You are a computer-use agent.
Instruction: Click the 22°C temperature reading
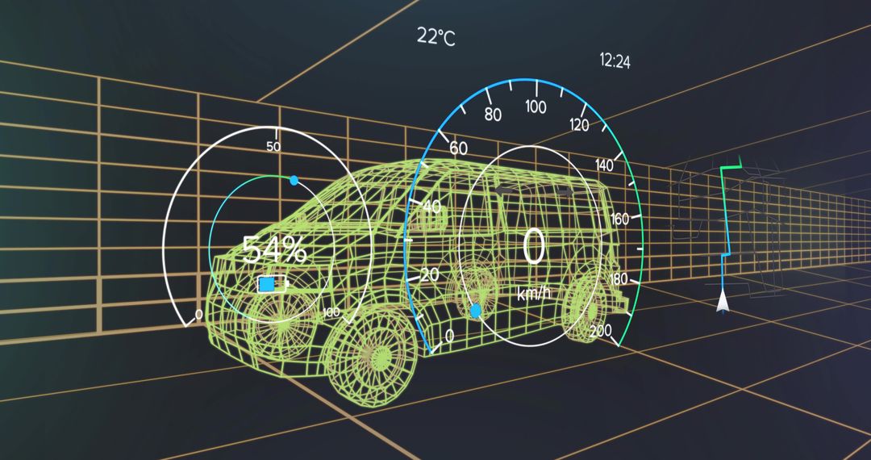pyautogui.click(x=435, y=36)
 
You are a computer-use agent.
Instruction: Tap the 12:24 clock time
pyautogui.click(x=615, y=61)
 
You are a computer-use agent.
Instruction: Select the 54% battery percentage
pyautogui.click(x=274, y=250)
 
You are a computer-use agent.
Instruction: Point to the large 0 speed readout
pyautogui.click(x=533, y=247)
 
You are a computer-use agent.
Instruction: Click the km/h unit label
pyautogui.click(x=533, y=295)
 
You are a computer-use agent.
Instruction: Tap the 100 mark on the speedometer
pyautogui.click(x=536, y=107)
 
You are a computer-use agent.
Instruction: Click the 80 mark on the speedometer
pyautogui.click(x=493, y=115)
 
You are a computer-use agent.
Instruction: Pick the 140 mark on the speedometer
pyautogui.click(x=604, y=165)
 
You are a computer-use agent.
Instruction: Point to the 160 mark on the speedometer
pyautogui.click(x=620, y=219)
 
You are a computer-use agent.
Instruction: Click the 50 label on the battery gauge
pyautogui.click(x=273, y=147)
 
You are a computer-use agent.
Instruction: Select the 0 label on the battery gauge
pyautogui.click(x=199, y=313)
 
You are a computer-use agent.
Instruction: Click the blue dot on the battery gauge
pyautogui.click(x=294, y=180)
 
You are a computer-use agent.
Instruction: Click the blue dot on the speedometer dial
pyautogui.click(x=475, y=311)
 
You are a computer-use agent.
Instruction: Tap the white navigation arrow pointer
pyautogui.click(x=723, y=303)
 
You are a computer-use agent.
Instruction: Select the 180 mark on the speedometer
pyautogui.click(x=619, y=279)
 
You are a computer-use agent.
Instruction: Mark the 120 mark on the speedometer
pyautogui.click(x=579, y=124)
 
